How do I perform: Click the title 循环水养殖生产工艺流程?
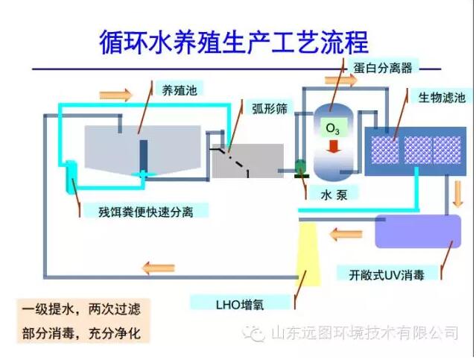[234, 42]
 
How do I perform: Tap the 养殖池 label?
[179, 90]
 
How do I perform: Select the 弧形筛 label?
[270, 109]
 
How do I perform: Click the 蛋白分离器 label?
[382, 67]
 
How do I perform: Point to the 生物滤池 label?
[442, 98]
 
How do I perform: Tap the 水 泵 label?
[334, 195]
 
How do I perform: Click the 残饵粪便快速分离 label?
[146, 212]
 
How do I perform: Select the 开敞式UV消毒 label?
[386, 274]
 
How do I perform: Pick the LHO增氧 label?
[240, 304]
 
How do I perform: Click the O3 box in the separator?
[333, 128]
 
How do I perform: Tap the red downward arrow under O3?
[333, 146]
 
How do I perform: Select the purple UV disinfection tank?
[418, 231]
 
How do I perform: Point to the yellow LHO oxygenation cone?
[308, 254]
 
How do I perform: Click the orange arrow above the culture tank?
[115, 95]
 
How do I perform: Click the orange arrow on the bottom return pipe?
[158, 268]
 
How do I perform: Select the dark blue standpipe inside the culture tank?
[144, 156]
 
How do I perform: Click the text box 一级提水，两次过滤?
[81, 309]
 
